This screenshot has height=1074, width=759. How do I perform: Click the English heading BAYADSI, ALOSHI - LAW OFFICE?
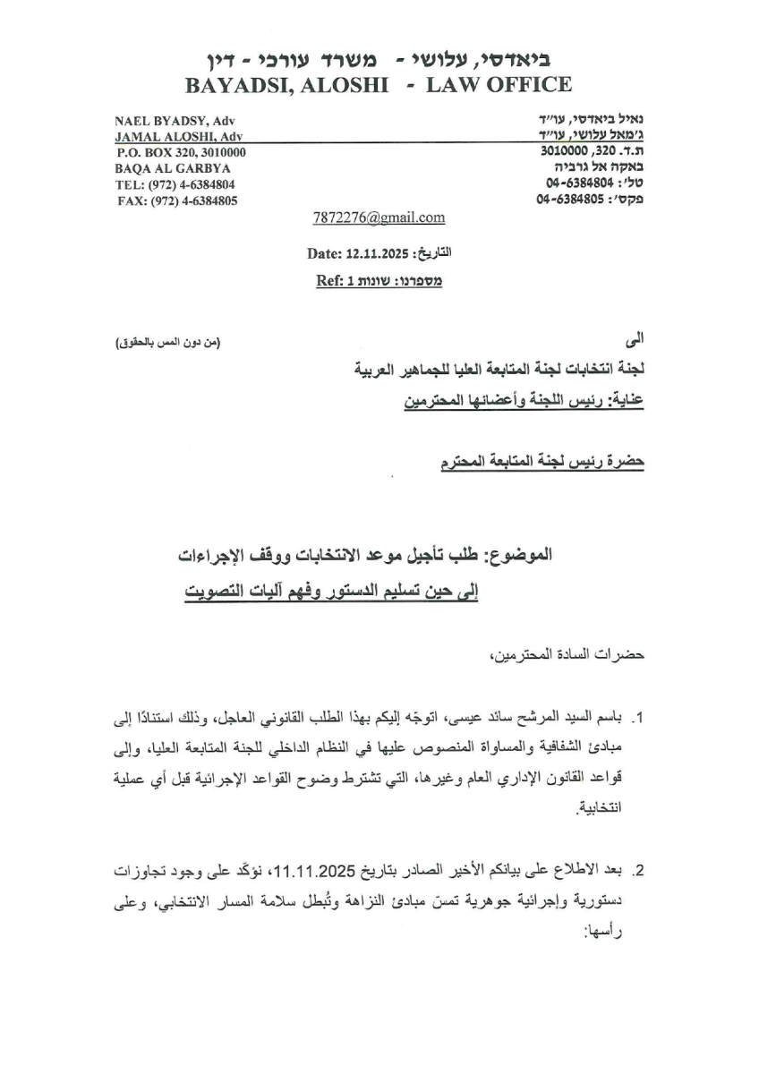click(377, 85)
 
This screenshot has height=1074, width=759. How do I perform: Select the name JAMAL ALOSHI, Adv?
click(178, 137)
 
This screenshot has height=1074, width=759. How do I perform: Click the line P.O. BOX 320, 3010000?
click(181, 152)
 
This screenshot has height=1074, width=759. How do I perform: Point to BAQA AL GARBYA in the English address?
click(160, 168)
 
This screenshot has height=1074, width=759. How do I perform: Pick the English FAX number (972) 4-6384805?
click(177, 200)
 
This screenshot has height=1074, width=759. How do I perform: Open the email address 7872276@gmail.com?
click(379, 217)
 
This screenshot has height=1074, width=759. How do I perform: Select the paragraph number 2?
click(639, 870)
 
